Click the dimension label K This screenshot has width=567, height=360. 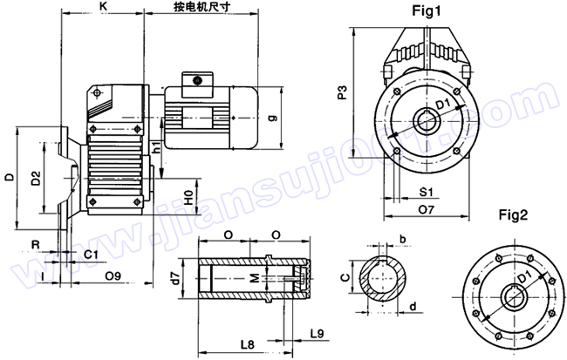point(103,6)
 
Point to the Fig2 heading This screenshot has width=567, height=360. point(514,214)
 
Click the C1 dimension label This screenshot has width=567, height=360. point(90,255)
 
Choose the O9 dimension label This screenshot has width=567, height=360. point(112,276)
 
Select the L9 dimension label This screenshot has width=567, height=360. point(317,332)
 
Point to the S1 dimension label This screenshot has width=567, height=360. point(427,190)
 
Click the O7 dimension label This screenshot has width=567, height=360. point(427,209)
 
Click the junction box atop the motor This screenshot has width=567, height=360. point(198,80)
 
